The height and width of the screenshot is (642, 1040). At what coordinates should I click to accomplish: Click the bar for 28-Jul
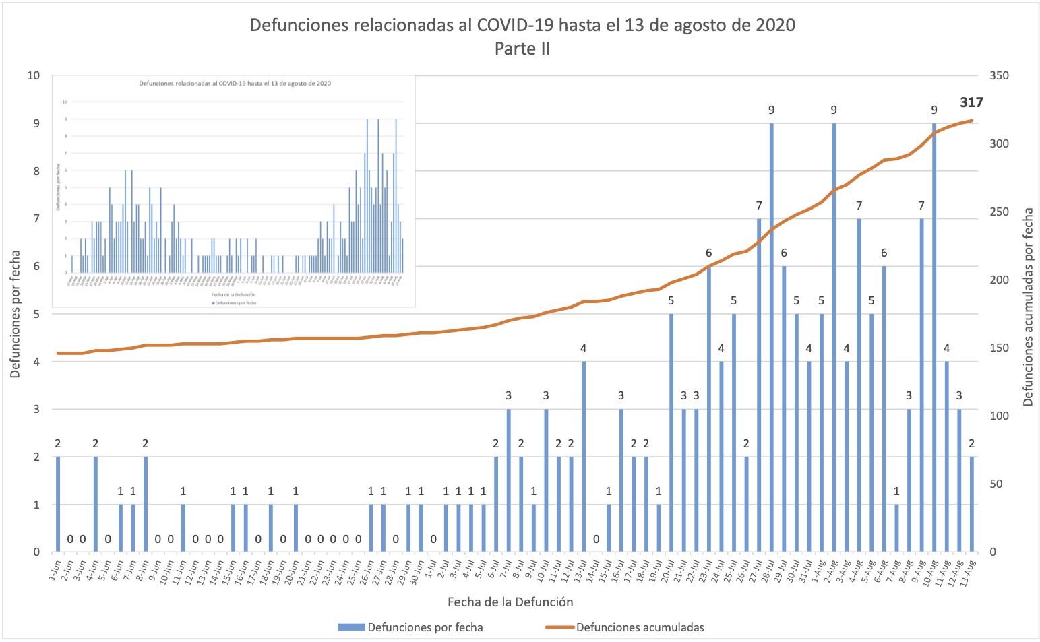click(x=771, y=337)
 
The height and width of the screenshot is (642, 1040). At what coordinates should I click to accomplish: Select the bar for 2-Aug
click(x=834, y=337)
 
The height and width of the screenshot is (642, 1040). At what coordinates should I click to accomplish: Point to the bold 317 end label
click(x=971, y=103)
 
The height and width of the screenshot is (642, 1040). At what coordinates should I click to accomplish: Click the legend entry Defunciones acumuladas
click(x=640, y=627)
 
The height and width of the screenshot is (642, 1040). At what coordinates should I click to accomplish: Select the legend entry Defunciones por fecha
click(x=425, y=627)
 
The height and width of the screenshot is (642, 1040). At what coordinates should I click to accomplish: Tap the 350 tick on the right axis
click(x=999, y=76)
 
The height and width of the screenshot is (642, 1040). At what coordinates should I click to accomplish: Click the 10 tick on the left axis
click(x=33, y=75)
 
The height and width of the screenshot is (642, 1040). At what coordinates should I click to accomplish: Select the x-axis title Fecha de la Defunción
click(x=510, y=602)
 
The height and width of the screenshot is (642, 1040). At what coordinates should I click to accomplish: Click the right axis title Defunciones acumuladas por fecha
click(x=1028, y=307)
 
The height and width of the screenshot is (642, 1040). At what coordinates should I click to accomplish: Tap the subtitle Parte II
click(x=522, y=49)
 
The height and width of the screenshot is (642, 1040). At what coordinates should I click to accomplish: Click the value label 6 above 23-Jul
click(x=708, y=253)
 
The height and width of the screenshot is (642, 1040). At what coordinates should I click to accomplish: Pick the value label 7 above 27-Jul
click(x=759, y=205)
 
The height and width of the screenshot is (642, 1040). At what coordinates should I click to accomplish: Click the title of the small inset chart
click(x=235, y=84)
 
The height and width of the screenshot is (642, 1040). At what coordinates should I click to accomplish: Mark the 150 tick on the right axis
click(x=999, y=348)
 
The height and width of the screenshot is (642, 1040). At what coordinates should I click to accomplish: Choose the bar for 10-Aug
click(x=934, y=337)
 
